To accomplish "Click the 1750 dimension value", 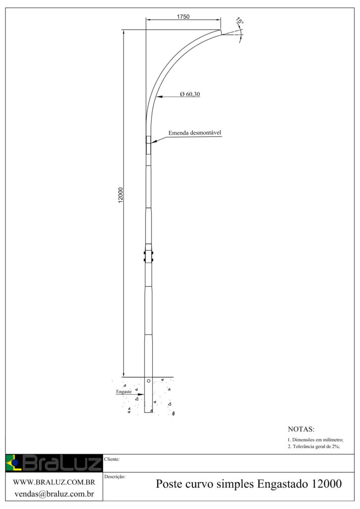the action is coord(183,17).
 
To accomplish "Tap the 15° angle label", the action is coord(240,22).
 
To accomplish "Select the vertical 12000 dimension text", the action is coord(121,195).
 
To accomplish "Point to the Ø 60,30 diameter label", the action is coord(190,94).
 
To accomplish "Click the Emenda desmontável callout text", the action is coord(195,132).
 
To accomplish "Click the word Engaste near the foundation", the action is coord(124,391).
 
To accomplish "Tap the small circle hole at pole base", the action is coord(148,381).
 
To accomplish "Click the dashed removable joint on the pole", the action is coord(148,145).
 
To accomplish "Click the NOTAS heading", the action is coord(301,429).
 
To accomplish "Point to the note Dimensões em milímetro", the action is coord(315,440).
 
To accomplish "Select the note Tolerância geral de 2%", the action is coord(314,446).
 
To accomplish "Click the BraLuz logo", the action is coord(54,463).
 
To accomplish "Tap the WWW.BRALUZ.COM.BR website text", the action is coord(54,482).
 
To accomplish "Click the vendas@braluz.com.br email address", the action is coord(54,494).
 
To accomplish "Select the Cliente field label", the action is coord(112,459).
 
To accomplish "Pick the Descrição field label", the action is coord(115,476).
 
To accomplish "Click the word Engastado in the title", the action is coord(282,484).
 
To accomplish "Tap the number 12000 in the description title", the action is coord(326,484).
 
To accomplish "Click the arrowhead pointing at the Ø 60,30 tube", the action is coord(159,96).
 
